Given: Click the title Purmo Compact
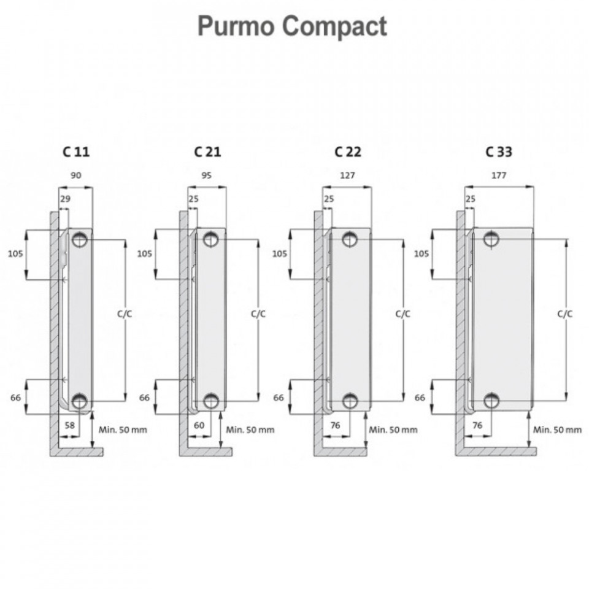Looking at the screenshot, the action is coord(292,26).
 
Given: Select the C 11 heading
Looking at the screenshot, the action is coord(76,152).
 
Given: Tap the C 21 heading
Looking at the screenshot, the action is coord(207,152).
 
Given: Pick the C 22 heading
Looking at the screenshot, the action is coord(348,152).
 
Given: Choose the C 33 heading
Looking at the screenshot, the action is coord(499,152).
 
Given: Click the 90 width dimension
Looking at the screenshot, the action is coord(76,175).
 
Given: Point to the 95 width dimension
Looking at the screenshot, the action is coord(207,175).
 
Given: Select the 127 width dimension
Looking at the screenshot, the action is coord(347,175).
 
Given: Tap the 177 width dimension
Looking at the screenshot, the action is coord(499,175).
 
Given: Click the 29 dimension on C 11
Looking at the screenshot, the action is coord(66,199).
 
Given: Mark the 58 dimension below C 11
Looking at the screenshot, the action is coord(70,425).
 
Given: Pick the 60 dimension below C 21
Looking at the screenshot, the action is coord(199,425).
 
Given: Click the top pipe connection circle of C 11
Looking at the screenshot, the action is coord(80,239).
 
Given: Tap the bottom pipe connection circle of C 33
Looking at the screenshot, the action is coord(491,401).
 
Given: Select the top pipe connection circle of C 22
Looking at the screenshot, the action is coord(350,239).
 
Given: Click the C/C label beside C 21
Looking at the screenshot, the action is coord(258,314).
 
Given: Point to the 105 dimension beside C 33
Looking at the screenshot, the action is coord(422,254).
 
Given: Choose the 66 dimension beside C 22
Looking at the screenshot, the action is coord(279,398).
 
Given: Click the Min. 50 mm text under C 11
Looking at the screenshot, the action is coord(123,429).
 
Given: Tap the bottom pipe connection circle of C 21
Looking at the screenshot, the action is coord(211,401).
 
